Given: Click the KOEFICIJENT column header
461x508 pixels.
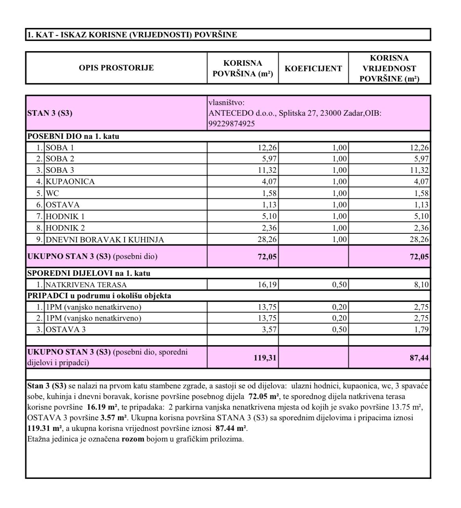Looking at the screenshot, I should (313, 68).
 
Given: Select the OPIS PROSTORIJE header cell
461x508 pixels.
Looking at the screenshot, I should (116, 68).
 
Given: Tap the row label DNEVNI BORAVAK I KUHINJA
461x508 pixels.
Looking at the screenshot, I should (105, 240).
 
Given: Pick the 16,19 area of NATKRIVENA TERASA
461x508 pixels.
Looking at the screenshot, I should (267, 285).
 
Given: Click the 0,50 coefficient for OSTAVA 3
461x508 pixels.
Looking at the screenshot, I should (339, 330).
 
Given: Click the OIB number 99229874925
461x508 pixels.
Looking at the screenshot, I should (232, 124).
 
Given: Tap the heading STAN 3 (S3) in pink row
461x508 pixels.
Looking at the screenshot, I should (50, 113).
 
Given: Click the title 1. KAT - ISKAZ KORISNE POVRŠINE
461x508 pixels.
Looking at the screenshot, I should (132, 35).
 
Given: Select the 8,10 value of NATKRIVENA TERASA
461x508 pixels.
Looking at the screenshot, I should (421, 285).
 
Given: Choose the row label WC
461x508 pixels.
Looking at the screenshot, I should (52, 193).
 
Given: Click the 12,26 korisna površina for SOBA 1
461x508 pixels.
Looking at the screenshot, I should (267, 148).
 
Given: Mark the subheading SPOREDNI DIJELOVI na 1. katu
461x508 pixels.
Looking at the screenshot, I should (89, 273).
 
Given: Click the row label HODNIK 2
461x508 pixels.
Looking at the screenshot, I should (65, 228).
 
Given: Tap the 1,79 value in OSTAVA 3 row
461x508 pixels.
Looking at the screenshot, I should (421, 330).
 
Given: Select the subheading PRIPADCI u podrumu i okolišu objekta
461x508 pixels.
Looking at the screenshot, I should (99, 296).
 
